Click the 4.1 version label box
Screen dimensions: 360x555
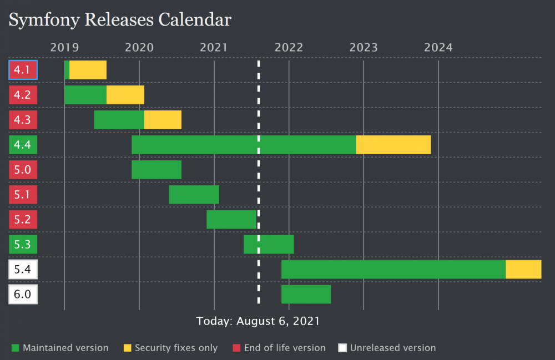pyautogui.click(x=23, y=70)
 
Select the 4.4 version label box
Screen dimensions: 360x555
pyautogui.click(x=23, y=145)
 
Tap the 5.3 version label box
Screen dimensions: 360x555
pyautogui.click(x=23, y=244)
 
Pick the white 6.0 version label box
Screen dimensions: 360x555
pyautogui.click(x=23, y=294)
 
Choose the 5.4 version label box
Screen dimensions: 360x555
pyautogui.click(x=23, y=270)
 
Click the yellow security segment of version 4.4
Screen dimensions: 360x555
pyautogui.click(x=393, y=145)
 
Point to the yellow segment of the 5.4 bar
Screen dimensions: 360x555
pyautogui.click(x=523, y=269)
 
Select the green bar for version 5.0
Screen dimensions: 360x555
pyautogui.click(x=157, y=170)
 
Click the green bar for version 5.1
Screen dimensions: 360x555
pyautogui.click(x=194, y=194)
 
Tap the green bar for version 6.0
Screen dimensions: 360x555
pyautogui.click(x=306, y=294)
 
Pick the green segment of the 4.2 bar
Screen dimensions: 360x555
pyautogui.click(x=85, y=95)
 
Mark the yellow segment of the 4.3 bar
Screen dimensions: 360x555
pyautogui.click(x=163, y=120)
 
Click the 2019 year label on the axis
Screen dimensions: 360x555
pyautogui.click(x=64, y=47)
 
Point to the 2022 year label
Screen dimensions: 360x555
pyautogui.click(x=289, y=47)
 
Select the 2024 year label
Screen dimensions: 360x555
pyautogui.click(x=438, y=47)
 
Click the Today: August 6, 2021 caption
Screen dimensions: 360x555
pyautogui.click(x=258, y=321)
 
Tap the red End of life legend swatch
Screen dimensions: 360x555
pyautogui.click(x=236, y=348)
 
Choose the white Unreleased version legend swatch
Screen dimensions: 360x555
pyautogui.click(x=343, y=348)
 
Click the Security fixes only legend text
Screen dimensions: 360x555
pyautogui.click(x=176, y=348)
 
